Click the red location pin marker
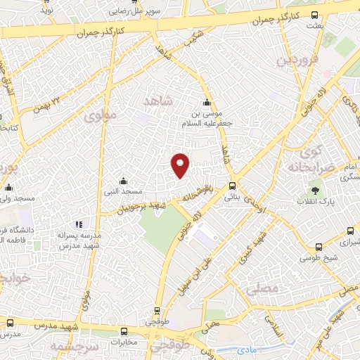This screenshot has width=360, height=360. (x=181, y=165)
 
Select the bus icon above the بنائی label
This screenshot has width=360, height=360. (x=232, y=186)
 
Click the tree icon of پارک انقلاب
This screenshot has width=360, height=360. (x=314, y=190)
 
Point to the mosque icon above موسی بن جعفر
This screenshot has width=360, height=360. (x=206, y=102)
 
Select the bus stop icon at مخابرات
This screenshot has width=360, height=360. (x=124, y=331)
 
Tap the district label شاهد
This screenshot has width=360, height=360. (x=157, y=103)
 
